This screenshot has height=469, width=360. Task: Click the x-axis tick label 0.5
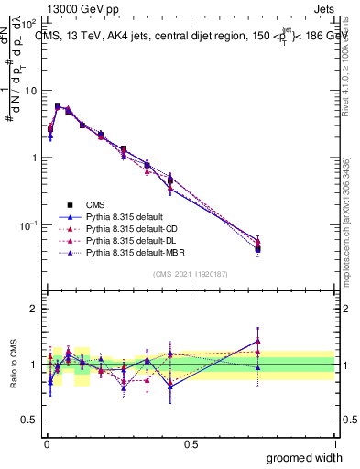[x=191, y=443]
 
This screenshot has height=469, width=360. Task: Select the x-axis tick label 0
[x=46, y=443]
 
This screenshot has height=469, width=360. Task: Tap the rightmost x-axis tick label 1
[x=334, y=443]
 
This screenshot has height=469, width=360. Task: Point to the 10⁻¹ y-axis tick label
[x=30, y=225]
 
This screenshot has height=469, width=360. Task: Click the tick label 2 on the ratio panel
[x=35, y=309]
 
